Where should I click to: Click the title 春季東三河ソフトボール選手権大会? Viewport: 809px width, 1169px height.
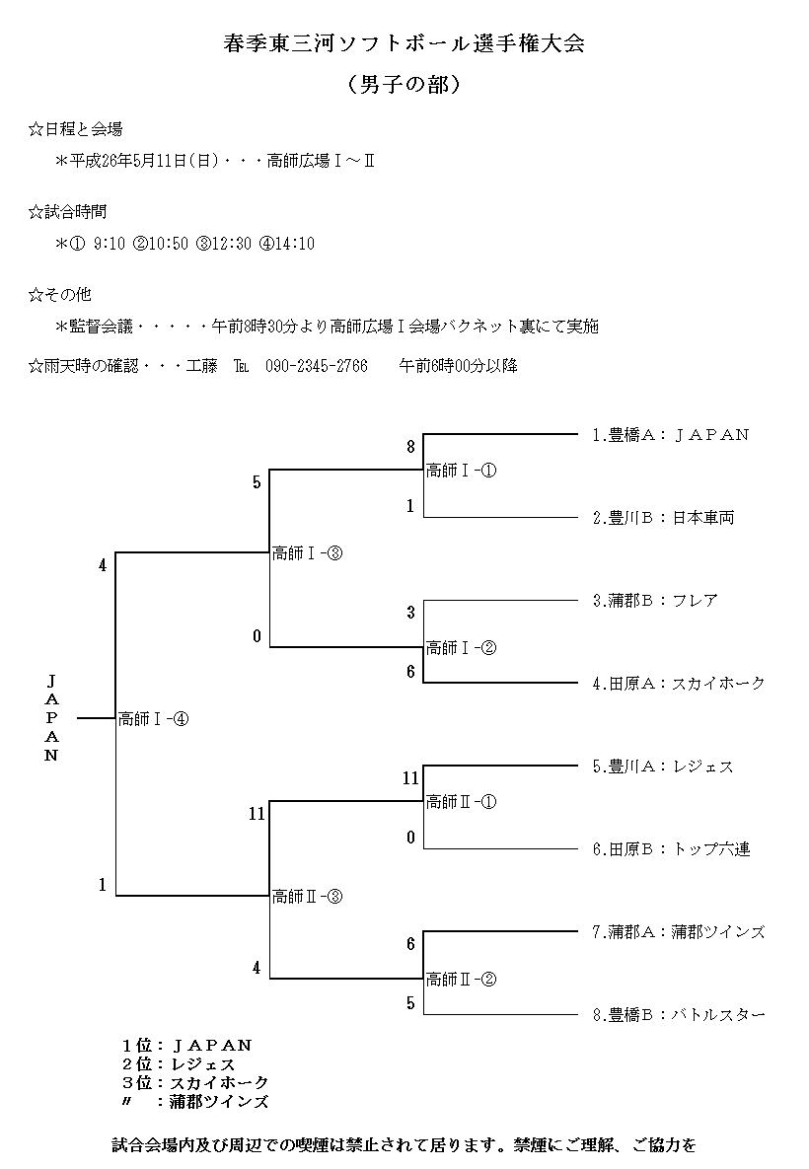click(x=404, y=45)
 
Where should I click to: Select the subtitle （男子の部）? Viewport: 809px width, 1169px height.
click(x=404, y=85)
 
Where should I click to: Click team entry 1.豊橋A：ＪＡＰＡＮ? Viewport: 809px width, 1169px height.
click(x=671, y=434)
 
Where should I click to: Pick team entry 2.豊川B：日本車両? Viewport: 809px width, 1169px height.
click(x=663, y=517)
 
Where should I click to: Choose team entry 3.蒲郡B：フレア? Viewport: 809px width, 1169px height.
click(x=655, y=600)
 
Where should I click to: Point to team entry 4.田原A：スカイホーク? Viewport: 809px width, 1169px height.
click(x=679, y=683)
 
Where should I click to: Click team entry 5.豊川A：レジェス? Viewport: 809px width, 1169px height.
click(x=663, y=766)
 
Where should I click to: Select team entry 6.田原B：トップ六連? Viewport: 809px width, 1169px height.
click(x=671, y=848)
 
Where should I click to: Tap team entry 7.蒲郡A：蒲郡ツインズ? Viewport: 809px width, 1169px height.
click(x=679, y=931)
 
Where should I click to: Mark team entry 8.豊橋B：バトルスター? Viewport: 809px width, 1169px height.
click(x=679, y=1014)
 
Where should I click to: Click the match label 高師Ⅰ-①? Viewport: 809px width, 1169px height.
click(x=461, y=471)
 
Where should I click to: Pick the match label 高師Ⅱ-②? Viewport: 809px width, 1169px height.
click(x=461, y=980)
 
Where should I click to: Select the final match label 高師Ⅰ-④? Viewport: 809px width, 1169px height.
click(x=153, y=719)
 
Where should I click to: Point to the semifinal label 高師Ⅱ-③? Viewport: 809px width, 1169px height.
click(x=307, y=897)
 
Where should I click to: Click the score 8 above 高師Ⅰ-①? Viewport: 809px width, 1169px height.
click(x=410, y=447)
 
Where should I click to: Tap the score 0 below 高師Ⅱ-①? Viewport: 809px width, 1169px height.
click(x=410, y=838)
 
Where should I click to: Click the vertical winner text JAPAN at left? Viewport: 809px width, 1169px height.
click(x=52, y=718)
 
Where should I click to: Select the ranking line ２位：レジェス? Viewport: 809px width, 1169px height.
click(x=179, y=1064)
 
